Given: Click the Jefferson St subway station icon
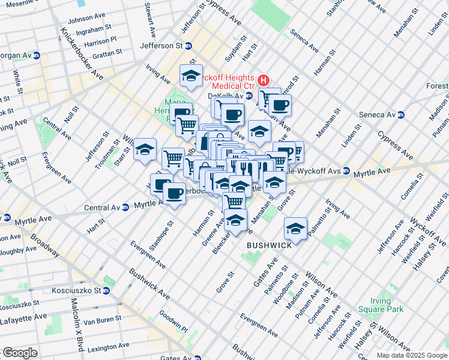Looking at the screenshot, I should click(x=188, y=46).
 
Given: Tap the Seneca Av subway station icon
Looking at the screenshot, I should click(x=400, y=115).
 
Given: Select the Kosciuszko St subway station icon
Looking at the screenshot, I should click(x=106, y=290).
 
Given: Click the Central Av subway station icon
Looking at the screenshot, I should click(x=125, y=208).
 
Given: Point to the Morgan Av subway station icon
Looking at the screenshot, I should click(x=36, y=56).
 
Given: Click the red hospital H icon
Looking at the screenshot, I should click(x=262, y=80).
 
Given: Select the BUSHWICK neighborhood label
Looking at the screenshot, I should click(x=270, y=245).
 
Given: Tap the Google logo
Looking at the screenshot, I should click(x=20, y=353).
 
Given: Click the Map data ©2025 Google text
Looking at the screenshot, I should click(x=411, y=355).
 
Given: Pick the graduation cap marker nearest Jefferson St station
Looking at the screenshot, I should click(x=191, y=76).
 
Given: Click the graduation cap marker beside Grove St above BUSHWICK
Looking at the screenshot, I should click(x=295, y=228).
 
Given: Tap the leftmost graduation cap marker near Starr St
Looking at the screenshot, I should click(x=145, y=149).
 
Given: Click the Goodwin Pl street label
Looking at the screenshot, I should click(x=174, y=322).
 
